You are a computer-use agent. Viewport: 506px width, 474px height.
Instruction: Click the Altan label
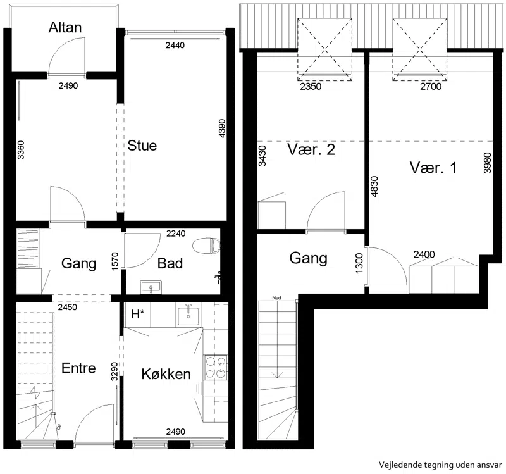(65, 27)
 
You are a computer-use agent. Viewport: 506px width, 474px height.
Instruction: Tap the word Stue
(142, 146)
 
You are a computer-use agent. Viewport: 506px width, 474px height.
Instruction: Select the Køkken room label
(166, 374)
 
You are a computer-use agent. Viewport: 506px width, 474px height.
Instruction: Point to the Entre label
(78, 368)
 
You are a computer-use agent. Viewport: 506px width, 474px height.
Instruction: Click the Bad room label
(170, 263)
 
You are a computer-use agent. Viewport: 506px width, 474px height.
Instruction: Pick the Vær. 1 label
(433, 168)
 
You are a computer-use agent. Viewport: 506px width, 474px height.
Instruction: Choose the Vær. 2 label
(311, 149)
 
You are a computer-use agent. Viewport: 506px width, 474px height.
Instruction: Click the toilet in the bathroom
(206, 246)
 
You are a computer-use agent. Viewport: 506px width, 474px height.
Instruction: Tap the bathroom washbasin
(151, 287)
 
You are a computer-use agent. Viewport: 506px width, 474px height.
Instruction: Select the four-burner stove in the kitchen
(216, 368)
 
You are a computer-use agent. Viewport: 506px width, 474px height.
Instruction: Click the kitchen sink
(188, 315)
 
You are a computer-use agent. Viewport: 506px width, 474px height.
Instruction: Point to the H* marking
(137, 314)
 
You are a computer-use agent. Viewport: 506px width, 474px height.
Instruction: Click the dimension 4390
(222, 128)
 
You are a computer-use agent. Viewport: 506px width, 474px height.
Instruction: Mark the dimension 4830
(374, 186)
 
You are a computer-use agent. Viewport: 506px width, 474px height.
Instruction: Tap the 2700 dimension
(431, 86)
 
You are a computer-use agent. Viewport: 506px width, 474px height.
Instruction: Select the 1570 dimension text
(115, 261)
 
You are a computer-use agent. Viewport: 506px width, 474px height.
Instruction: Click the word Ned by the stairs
(276, 297)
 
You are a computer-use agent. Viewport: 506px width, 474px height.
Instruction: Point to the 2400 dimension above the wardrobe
(424, 254)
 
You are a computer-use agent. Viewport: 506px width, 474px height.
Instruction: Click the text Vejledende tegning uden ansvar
(440, 465)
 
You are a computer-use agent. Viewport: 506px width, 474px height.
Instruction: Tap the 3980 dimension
(487, 163)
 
